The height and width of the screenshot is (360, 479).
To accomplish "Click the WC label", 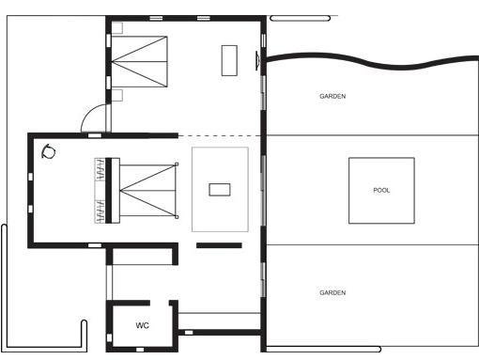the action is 142,325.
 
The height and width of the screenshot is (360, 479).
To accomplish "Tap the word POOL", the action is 381,190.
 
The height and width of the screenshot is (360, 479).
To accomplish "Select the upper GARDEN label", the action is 332,96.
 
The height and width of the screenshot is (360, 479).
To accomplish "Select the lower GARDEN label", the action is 332,292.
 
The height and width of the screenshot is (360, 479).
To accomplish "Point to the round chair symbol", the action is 49,152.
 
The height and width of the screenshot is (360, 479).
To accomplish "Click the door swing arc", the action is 86,114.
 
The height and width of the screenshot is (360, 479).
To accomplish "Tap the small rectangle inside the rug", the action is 220,190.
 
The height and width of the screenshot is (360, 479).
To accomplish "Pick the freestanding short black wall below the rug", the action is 219,245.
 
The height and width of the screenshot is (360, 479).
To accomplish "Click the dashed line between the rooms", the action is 220,135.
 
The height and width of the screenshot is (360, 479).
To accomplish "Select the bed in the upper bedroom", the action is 139,61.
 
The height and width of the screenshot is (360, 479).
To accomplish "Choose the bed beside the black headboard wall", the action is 147,190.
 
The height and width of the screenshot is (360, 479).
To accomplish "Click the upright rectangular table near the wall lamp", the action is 229,60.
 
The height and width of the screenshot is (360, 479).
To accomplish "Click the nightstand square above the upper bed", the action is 117,28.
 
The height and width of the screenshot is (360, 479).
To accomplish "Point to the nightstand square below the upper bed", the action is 117,95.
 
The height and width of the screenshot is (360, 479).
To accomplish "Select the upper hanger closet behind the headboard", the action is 100,169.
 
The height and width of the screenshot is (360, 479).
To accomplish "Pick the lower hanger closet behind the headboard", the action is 100,211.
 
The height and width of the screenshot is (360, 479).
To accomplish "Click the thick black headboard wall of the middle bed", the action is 109,190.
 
